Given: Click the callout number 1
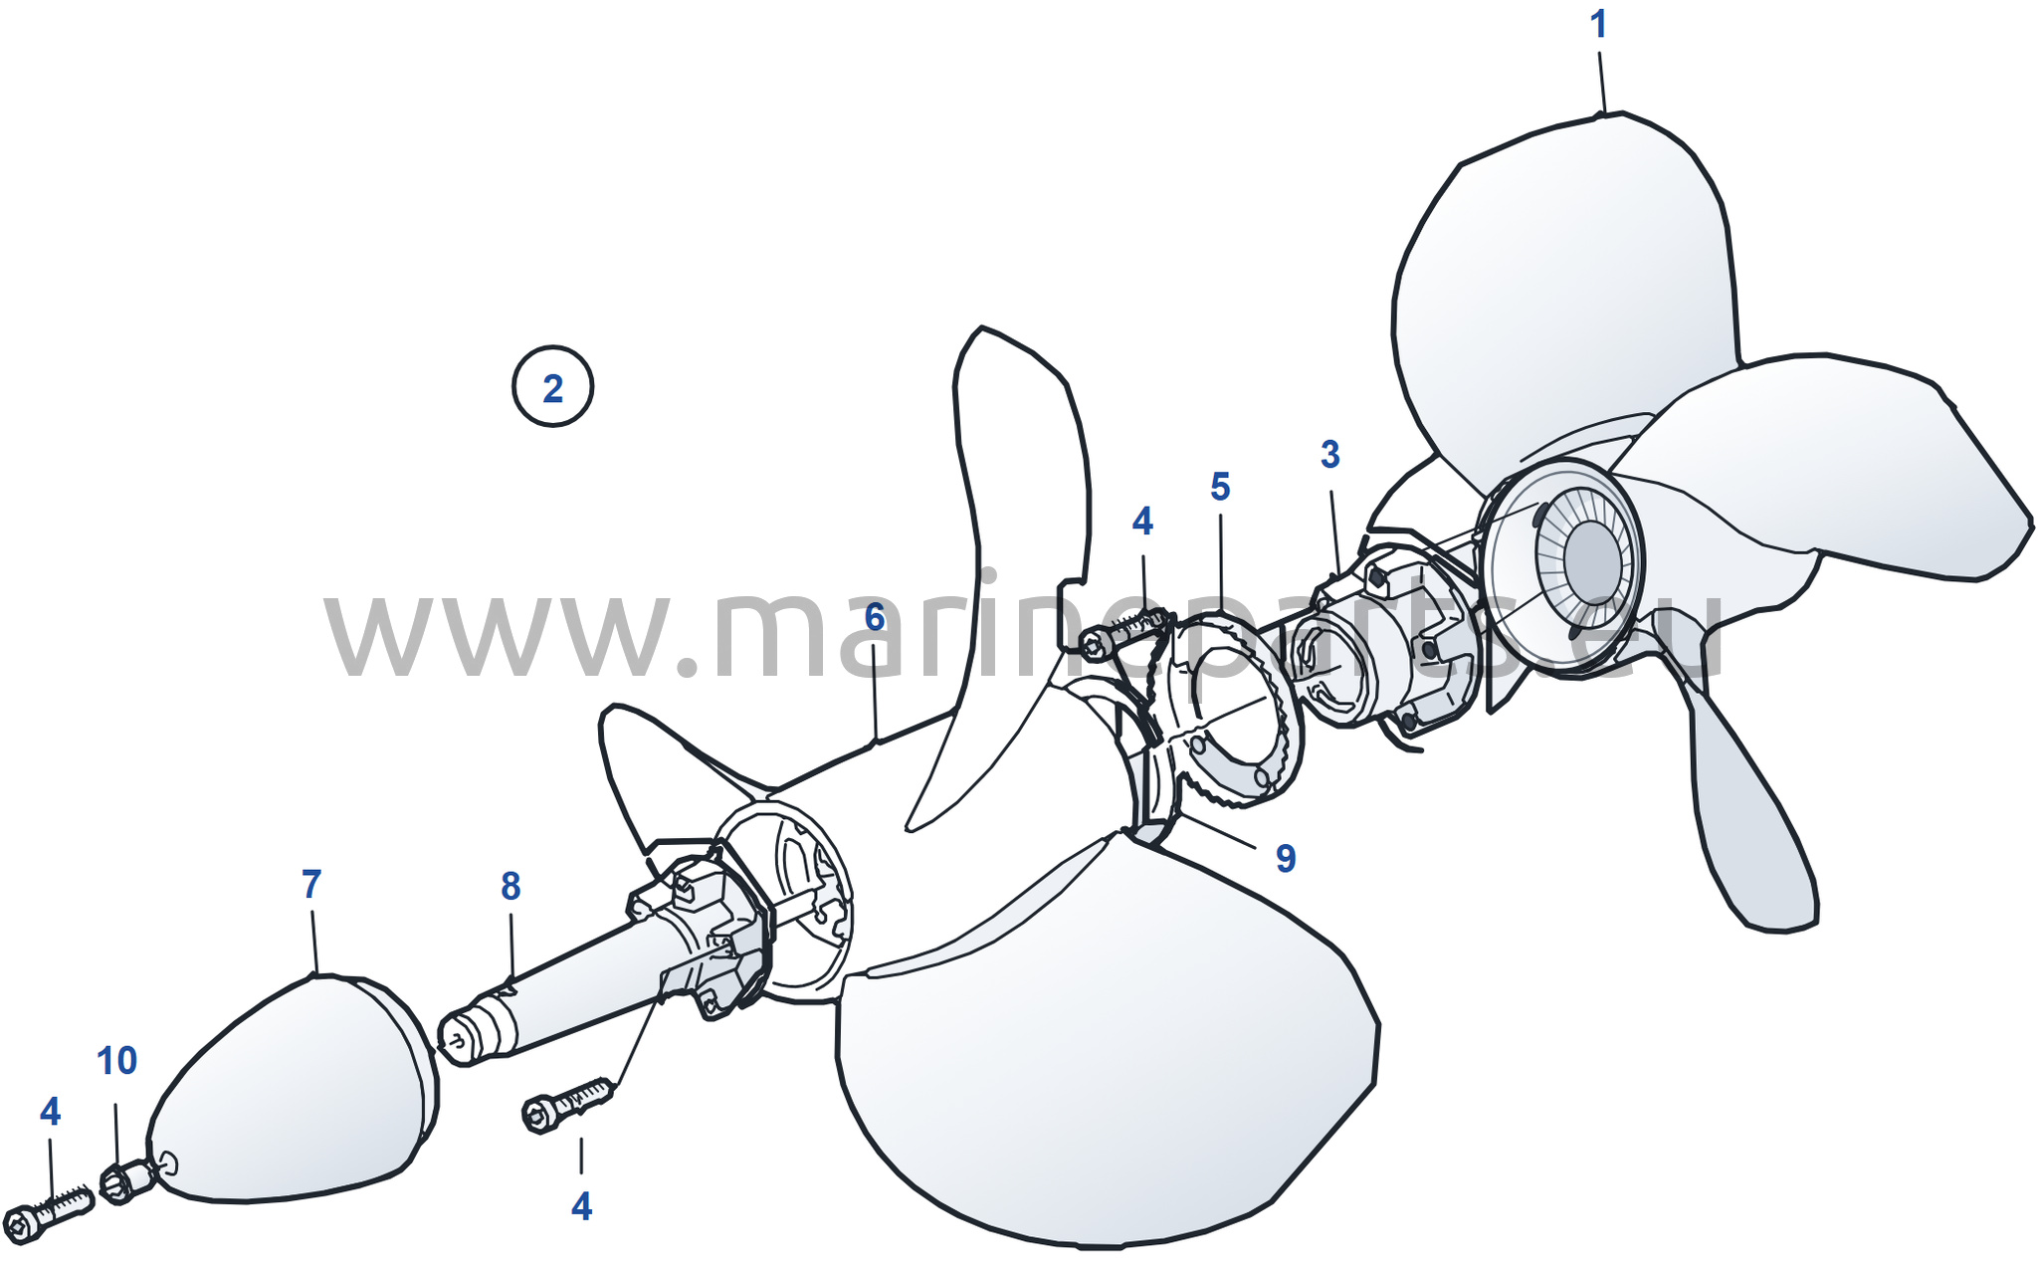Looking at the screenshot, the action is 1598,25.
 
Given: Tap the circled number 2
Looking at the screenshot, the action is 553,387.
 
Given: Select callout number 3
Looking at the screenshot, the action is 1330,454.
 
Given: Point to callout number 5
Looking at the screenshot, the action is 1220,487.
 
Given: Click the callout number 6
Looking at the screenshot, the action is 875,617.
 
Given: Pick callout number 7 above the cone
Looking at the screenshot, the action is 311,884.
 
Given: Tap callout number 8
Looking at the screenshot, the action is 510,886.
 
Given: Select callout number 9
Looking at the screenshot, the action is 1286,858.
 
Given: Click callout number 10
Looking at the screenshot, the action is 116,1061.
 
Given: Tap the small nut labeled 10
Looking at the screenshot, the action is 126,1182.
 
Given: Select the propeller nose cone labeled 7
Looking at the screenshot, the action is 294,1090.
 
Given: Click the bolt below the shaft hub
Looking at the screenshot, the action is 566,1105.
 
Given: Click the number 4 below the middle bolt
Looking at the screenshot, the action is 581,1207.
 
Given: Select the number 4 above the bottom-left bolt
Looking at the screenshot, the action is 50,1112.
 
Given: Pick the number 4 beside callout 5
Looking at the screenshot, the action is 1142,521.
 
